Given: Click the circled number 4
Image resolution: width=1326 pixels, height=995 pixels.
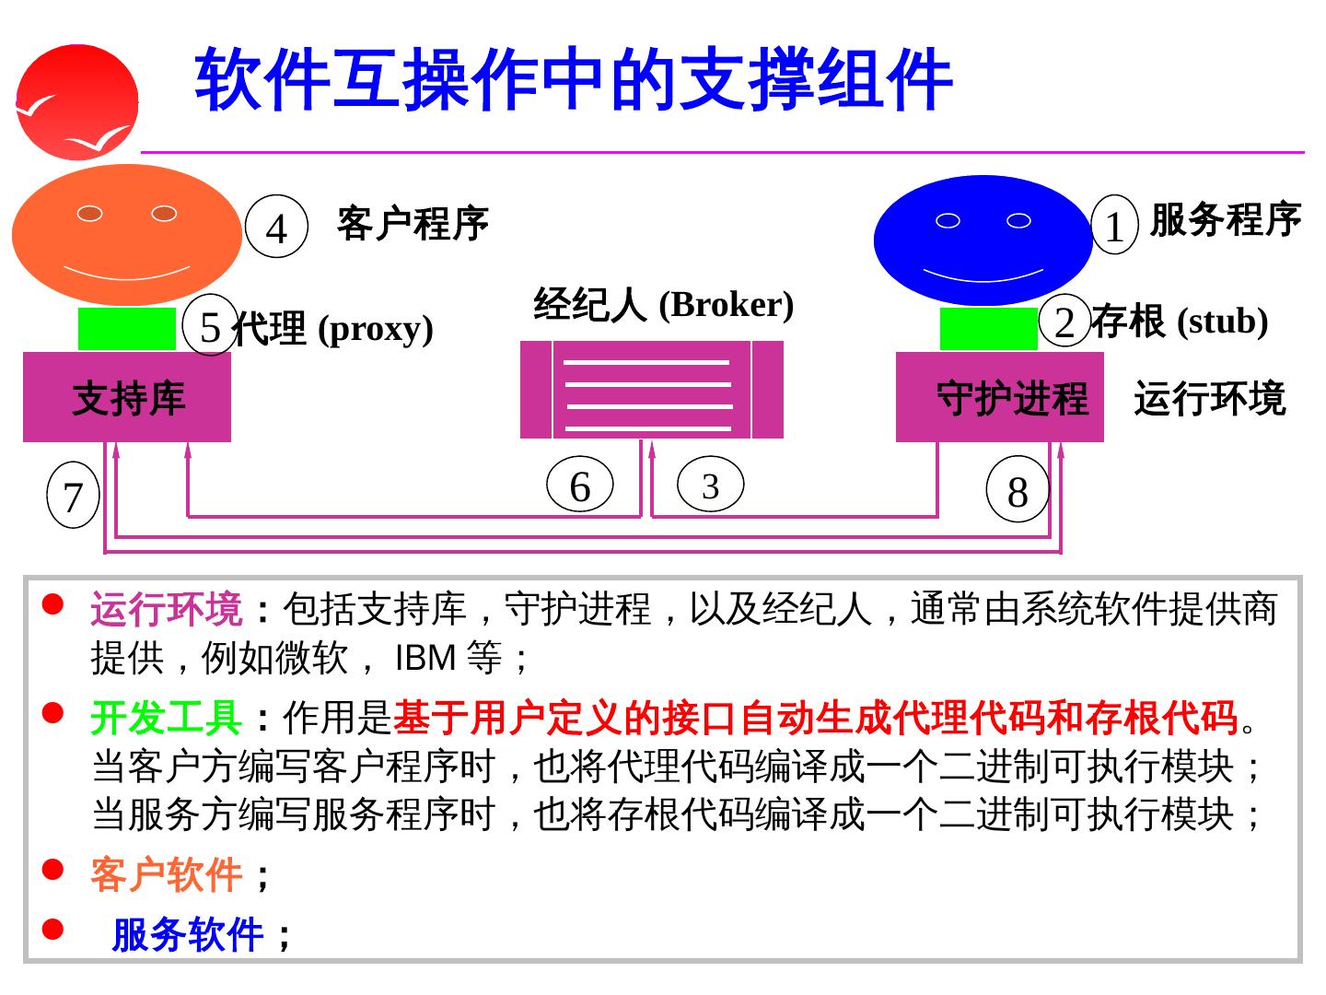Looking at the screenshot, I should pos(276,227).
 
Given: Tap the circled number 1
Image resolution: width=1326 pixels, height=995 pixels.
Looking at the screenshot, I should pos(1114,225).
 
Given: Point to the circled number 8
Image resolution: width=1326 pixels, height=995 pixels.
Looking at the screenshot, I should pos(1018,490).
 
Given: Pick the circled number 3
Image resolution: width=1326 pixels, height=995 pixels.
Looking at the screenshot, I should pos(710,486).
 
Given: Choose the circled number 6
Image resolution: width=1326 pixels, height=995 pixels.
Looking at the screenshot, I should pos(579,486).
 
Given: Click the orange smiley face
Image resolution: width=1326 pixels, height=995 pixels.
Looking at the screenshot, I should pos(127,234).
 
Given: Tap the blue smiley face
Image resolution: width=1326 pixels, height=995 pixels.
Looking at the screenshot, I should pos(983,240).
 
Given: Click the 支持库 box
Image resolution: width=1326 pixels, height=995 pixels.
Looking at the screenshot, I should pos(127,397).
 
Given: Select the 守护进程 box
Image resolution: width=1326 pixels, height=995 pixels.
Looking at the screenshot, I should pos(999,397).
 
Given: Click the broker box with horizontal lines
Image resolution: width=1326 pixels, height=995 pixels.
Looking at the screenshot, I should pos(651,390).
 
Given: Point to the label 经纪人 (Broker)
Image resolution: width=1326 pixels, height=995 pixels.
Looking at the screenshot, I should pos(663,304).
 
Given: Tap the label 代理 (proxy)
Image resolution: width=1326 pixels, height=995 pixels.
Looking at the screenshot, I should pos(332,328).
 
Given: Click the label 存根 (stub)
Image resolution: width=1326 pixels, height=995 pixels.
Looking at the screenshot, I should pos(1180,321).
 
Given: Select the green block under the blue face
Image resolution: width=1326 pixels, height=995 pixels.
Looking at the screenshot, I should pos(988,329).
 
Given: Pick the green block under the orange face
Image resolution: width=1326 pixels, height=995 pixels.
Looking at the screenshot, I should pos(126,329).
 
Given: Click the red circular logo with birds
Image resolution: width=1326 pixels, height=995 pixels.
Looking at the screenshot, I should pos(77,101).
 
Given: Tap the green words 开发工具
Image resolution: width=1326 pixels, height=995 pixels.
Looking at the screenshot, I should pos(166,718).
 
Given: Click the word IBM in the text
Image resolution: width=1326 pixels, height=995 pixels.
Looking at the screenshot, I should pos(425,658).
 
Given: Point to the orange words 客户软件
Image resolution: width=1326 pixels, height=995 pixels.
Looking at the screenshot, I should pos(166,874).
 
